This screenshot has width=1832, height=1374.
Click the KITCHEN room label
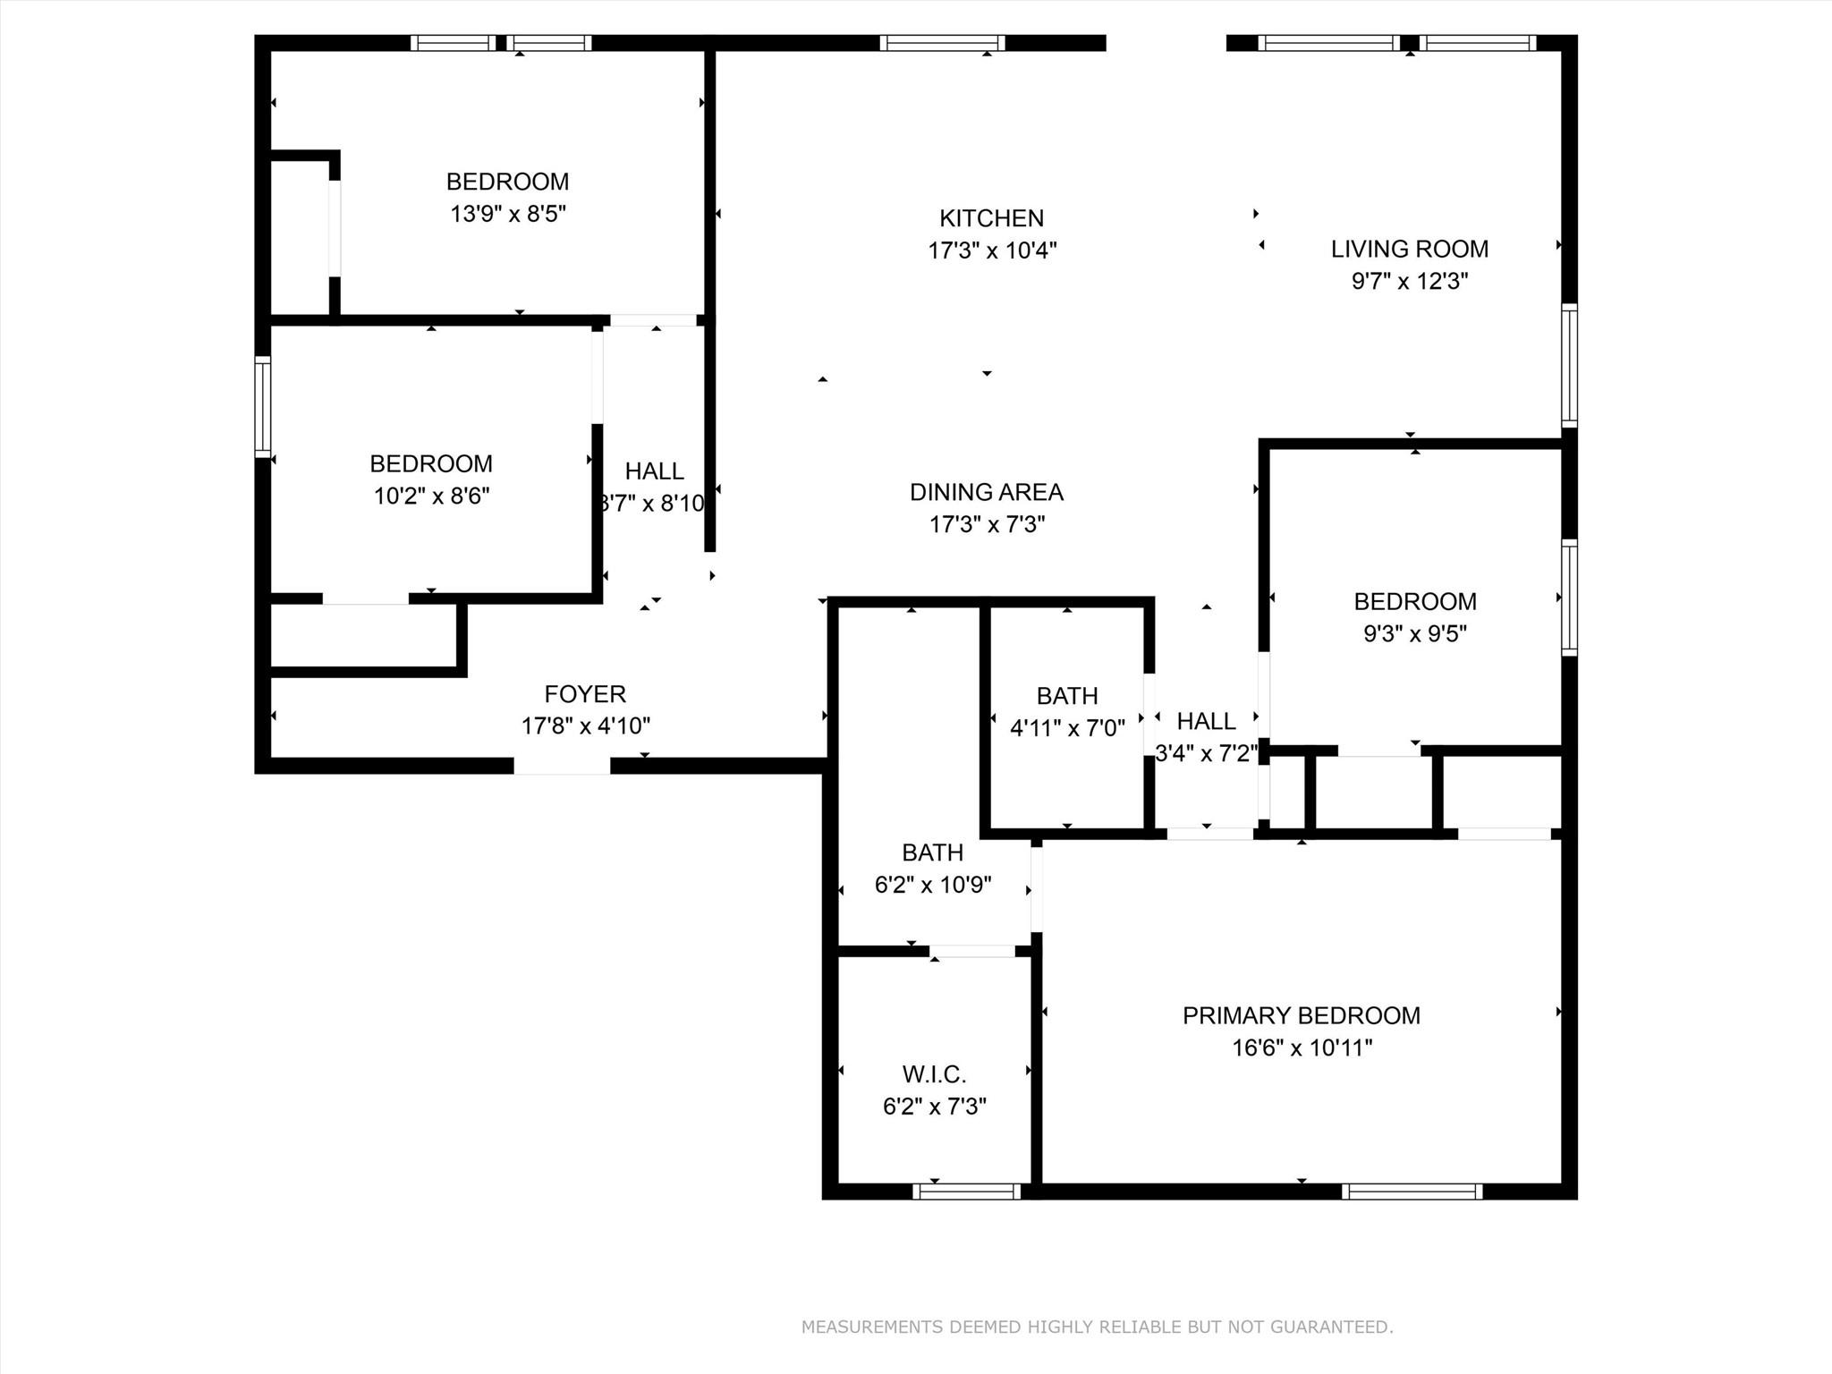click(x=991, y=218)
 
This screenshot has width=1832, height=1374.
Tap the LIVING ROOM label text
click(x=1409, y=249)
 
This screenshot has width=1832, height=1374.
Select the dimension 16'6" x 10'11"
click(x=1302, y=1047)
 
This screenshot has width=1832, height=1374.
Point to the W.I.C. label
click(x=934, y=1074)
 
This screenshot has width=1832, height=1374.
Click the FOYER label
click(x=585, y=694)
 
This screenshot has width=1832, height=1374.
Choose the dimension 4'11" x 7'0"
click(x=1066, y=728)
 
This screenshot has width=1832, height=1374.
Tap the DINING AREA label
click(x=986, y=492)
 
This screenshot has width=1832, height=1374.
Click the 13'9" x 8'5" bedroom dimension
click(x=508, y=214)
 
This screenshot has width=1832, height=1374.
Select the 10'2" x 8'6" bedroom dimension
click(x=431, y=496)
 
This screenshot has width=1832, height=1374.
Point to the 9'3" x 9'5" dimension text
click(x=1414, y=633)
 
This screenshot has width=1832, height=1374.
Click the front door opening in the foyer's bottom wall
click(x=562, y=767)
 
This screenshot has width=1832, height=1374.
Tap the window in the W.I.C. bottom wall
click(x=966, y=1192)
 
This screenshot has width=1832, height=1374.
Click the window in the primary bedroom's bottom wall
click(x=1412, y=1192)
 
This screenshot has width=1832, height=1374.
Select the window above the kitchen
click(x=942, y=43)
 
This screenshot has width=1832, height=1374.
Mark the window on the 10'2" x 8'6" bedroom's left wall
click(x=262, y=406)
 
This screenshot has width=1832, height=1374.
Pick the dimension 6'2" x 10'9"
click(x=932, y=885)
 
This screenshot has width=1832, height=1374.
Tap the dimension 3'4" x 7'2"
click(x=1206, y=753)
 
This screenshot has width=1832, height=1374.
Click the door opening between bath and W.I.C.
click(x=971, y=951)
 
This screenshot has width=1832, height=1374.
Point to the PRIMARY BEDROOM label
click(x=1301, y=1015)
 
